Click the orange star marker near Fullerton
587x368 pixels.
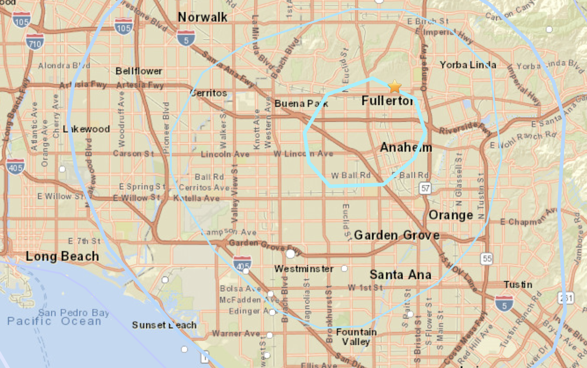point(395,86)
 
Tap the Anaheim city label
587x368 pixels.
point(406,147)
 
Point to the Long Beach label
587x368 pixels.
point(62,256)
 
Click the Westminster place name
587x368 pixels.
point(304,269)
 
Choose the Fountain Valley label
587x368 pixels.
point(356,337)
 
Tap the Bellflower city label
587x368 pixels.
point(139,71)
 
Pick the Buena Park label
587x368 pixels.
point(301,103)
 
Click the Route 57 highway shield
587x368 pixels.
point(425,189)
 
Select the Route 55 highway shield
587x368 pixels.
point(487,259)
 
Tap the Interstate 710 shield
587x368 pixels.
point(35,41)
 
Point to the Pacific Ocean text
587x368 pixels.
point(54,321)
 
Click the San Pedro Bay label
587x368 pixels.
point(74,313)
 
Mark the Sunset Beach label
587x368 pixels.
point(164,325)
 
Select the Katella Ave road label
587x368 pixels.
point(197,198)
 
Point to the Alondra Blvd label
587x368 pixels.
point(64,65)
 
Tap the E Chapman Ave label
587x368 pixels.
point(528,220)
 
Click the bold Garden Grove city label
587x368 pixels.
point(396,235)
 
